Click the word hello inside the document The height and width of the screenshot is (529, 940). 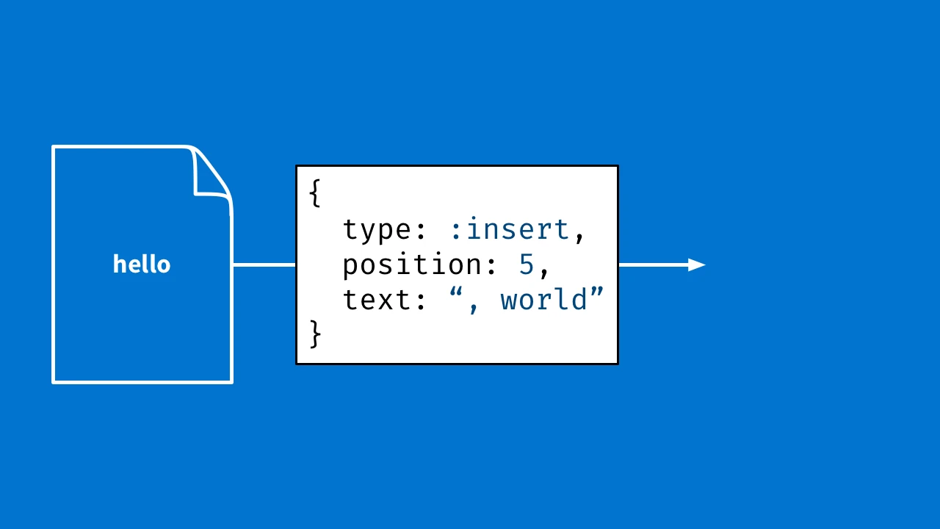point(142,264)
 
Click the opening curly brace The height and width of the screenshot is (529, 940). point(315,193)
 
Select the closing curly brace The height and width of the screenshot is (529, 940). point(315,334)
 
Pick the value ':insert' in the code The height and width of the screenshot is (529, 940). point(510,230)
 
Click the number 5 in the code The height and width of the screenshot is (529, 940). point(527,265)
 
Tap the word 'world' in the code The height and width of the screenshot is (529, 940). point(544,301)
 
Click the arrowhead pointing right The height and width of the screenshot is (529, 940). point(696,265)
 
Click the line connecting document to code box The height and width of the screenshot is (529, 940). point(264,264)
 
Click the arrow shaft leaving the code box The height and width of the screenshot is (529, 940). point(652,265)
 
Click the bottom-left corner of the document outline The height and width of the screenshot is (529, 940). point(54,381)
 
